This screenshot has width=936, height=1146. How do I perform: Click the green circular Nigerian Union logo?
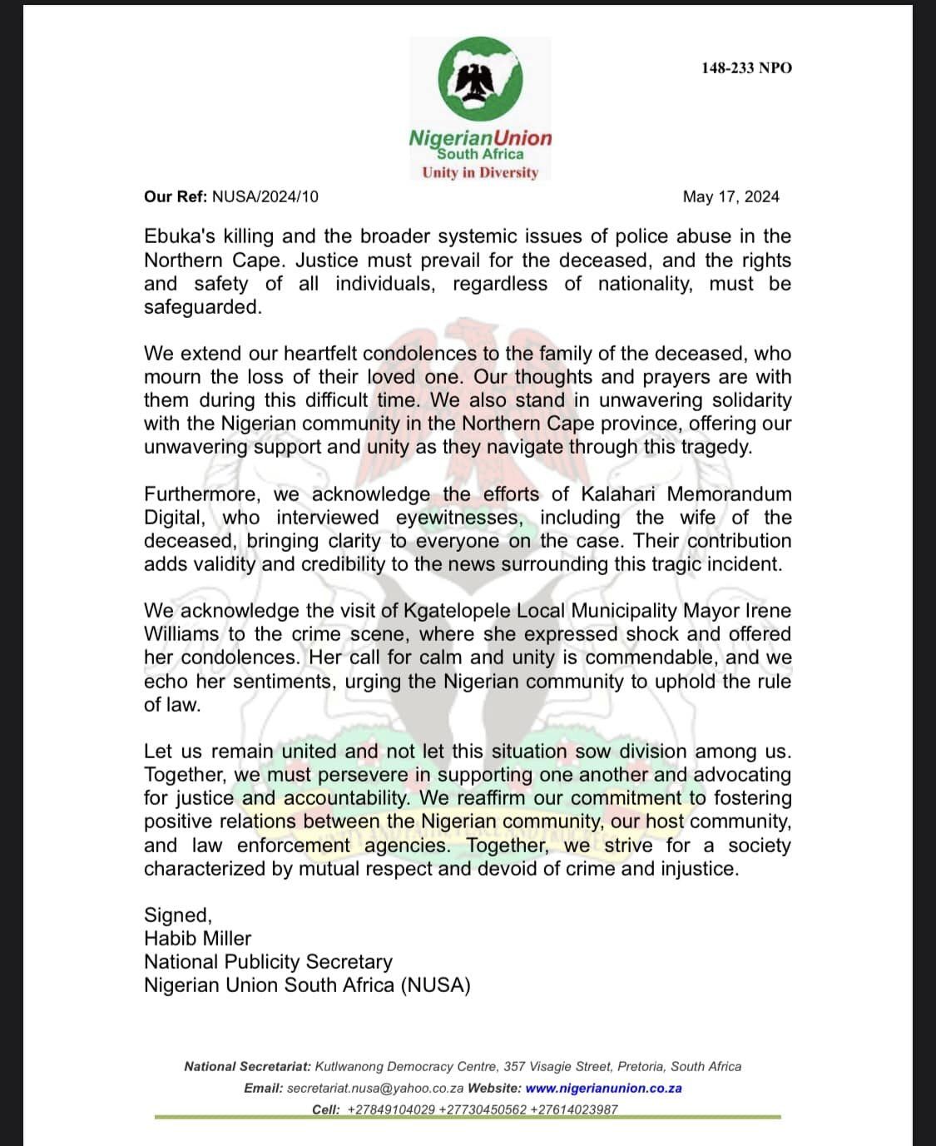[x=480, y=81]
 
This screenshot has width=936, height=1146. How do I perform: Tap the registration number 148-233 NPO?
[x=746, y=68]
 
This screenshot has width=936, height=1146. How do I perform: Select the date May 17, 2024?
[x=730, y=197]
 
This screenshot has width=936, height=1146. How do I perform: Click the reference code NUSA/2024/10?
[x=265, y=197]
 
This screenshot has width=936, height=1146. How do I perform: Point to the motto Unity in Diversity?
[x=480, y=173]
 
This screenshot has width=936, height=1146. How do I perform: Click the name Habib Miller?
[x=197, y=939]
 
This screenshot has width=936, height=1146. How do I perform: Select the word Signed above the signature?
[x=177, y=915]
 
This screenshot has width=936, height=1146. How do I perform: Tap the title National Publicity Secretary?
[x=268, y=962]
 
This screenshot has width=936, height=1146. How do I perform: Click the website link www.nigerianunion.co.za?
[x=603, y=1089]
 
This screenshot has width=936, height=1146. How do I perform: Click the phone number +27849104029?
[x=390, y=1110]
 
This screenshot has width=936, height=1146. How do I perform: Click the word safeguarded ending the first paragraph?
[x=202, y=307]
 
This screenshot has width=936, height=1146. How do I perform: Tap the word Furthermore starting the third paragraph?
[x=201, y=494]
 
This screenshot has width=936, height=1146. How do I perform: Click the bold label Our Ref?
[x=175, y=197]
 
